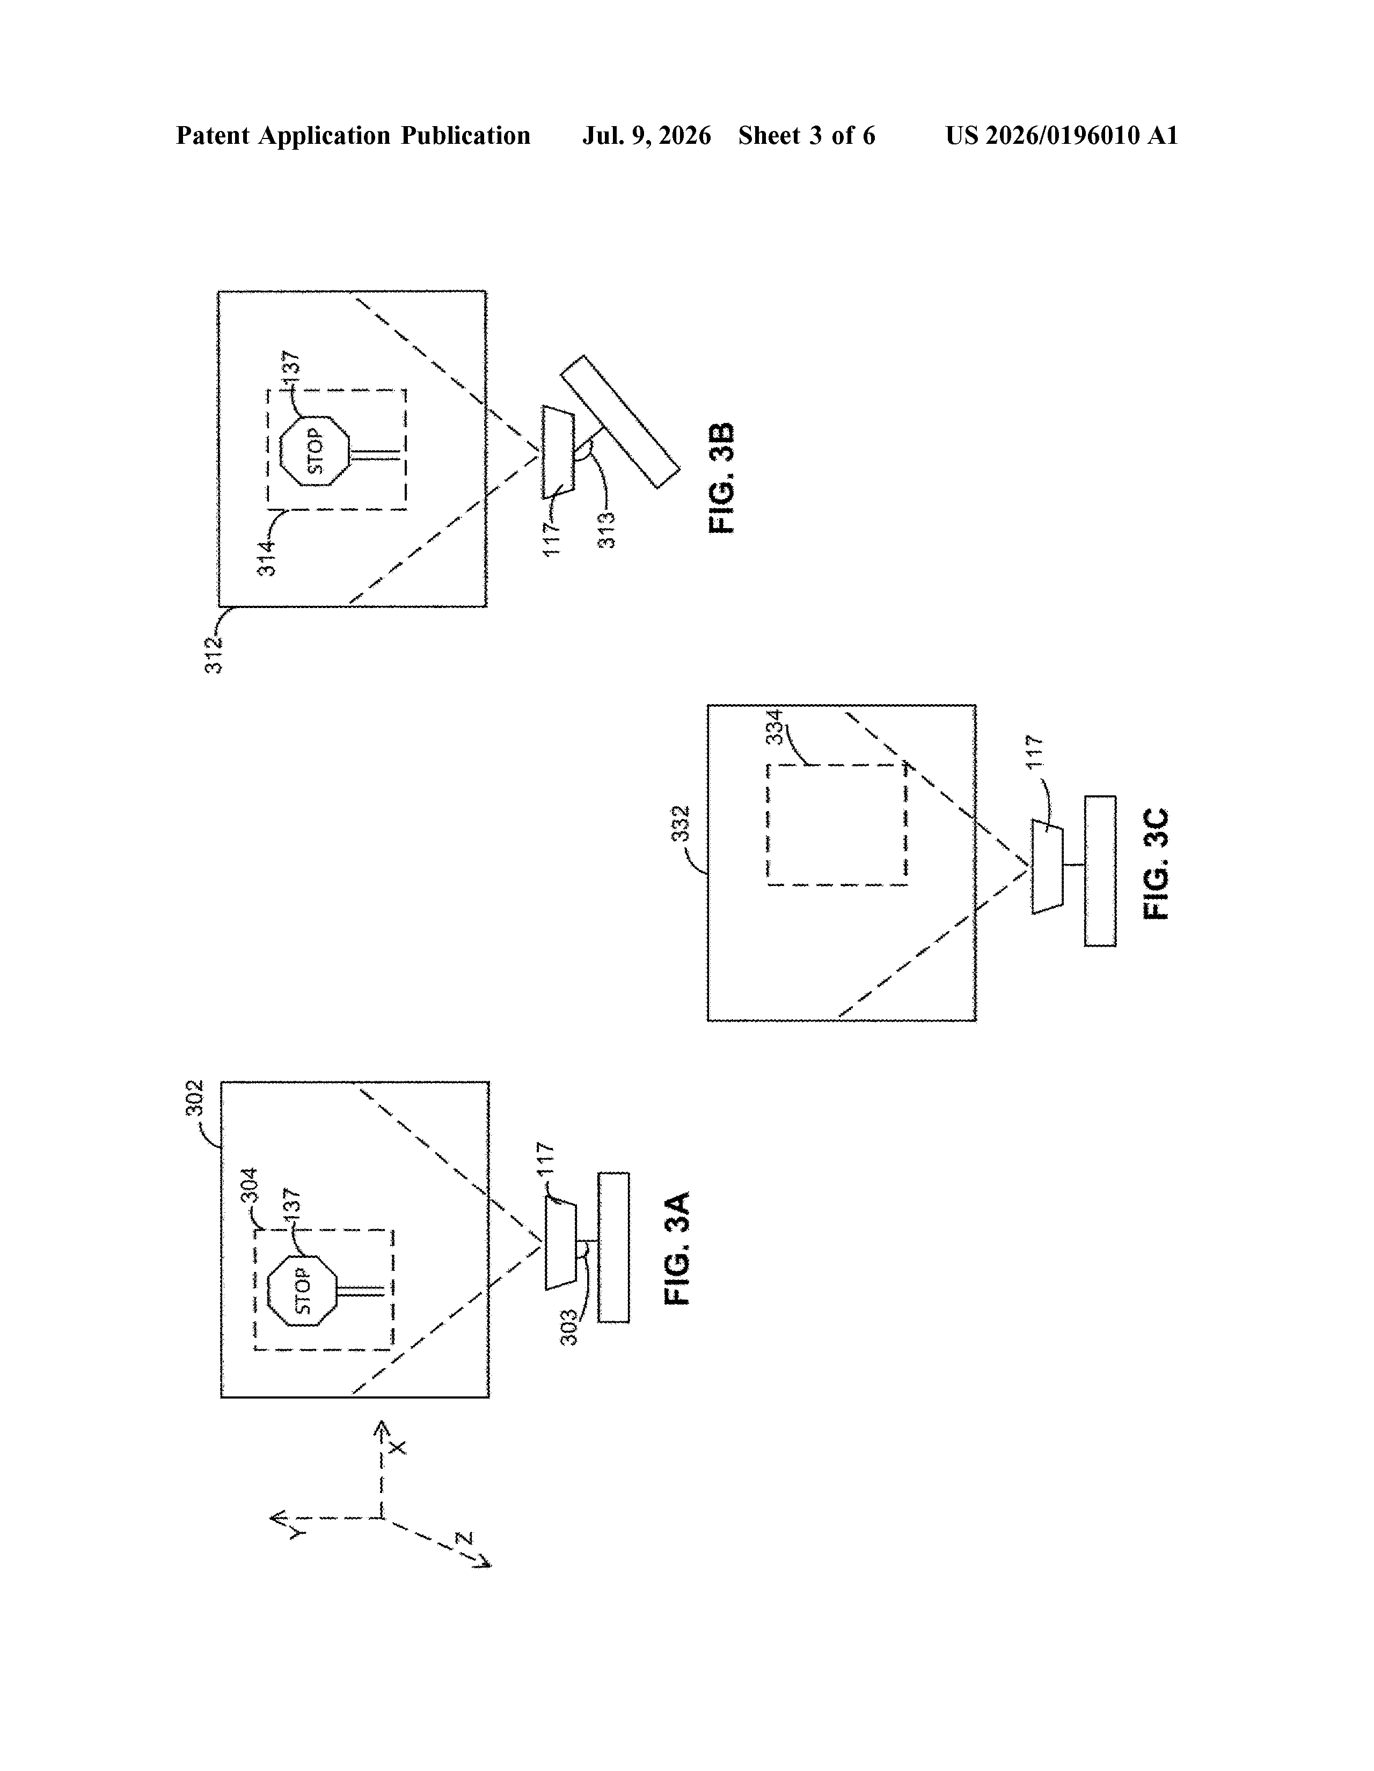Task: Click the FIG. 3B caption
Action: pos(721,478)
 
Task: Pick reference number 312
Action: pos(213,654)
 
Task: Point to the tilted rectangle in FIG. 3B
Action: pos(620,422)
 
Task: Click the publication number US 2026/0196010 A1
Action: pos(1062,135)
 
